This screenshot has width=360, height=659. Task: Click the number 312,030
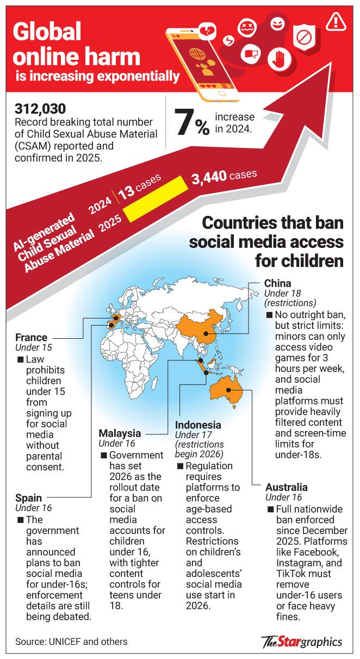click(x=40, y=109)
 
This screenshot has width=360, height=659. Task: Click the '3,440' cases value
click(x=209, y=178)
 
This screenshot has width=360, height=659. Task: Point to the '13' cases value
click(x=126, y=194)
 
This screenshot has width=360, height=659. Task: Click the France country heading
click(x=31, y=337)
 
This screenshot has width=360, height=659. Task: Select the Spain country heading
click(x=28, y=497)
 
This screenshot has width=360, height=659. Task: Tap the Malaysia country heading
click(x=120, y=433)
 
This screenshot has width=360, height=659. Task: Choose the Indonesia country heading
click(x=198, y=425)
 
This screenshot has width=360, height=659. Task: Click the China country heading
click(x=277, y=283)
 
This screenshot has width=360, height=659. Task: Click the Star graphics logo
click(x=302, y=641)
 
